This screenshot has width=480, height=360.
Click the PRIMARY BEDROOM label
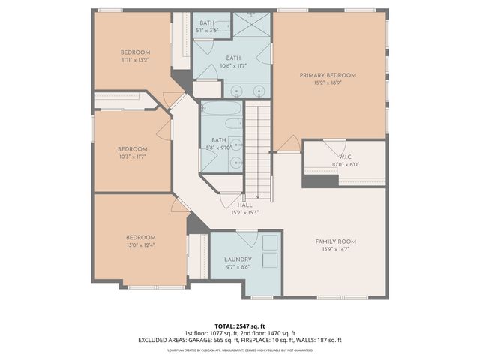(328, 75)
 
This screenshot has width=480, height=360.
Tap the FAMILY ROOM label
(334, 241)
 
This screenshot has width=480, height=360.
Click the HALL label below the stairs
(244, 204)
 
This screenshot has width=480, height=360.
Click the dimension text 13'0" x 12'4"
(140, 244)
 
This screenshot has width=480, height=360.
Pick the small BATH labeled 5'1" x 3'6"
(205, 24)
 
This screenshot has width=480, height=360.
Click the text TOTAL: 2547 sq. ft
(240, 326)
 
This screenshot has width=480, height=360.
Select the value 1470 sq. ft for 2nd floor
(281, 333)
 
